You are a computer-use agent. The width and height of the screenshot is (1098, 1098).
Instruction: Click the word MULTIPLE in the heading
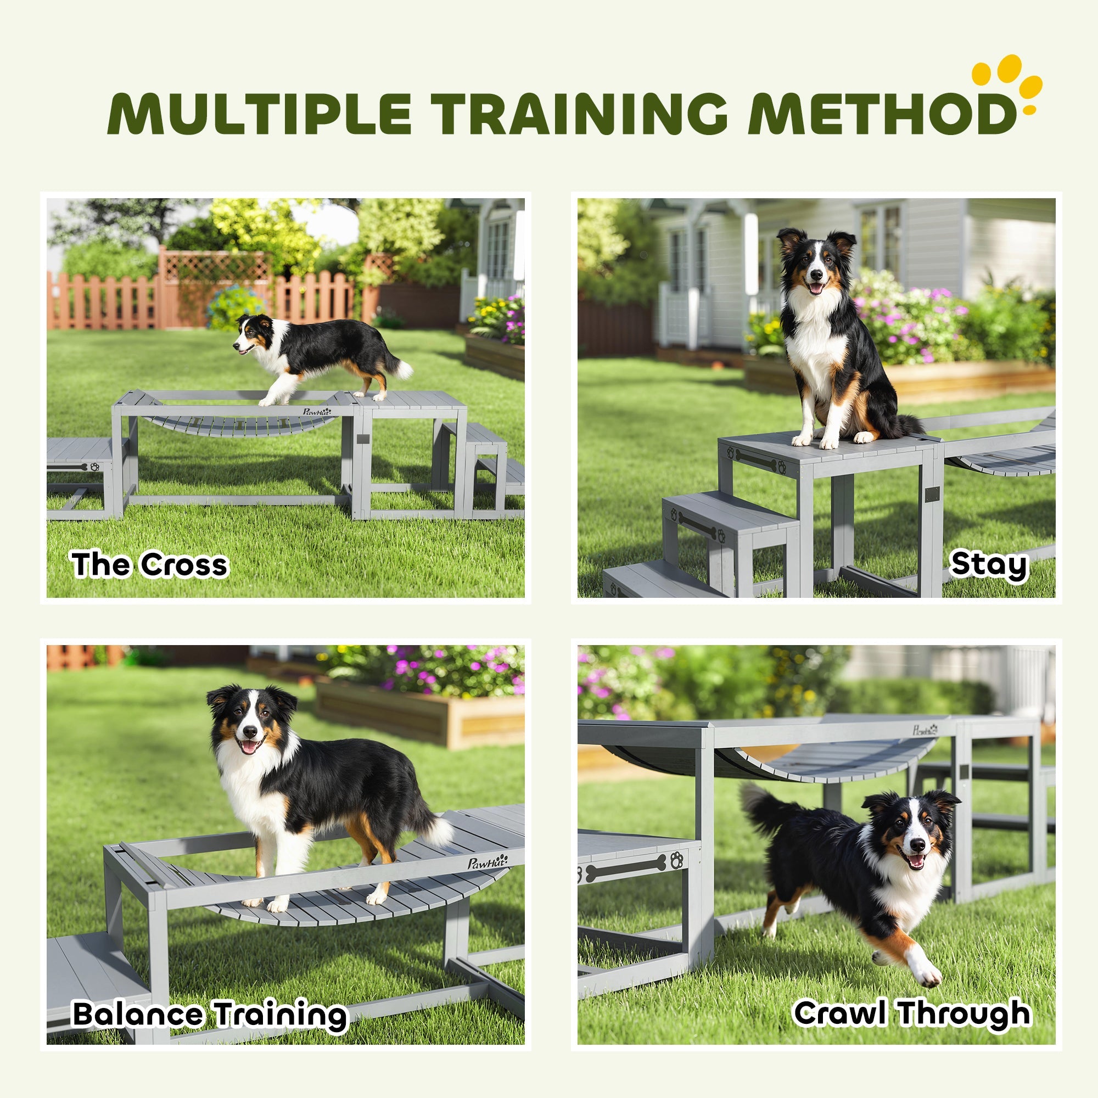(259, 112)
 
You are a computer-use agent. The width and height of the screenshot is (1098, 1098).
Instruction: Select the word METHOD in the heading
(881, 112)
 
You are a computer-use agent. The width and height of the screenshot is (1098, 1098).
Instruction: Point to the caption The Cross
(149, 565)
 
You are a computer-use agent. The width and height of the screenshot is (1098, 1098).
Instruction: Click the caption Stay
(989, 565)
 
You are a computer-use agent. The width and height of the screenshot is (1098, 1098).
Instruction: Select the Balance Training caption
(210, 1015)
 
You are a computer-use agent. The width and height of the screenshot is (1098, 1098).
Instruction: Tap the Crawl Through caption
(911, 1013)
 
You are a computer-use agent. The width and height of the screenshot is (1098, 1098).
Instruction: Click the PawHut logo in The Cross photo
(317, 411)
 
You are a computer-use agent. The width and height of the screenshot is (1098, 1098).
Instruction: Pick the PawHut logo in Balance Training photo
(488, 861)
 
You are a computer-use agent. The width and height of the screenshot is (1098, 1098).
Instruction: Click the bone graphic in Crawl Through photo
(625, 868)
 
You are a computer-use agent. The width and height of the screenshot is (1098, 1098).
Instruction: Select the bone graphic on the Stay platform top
(755, 460)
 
